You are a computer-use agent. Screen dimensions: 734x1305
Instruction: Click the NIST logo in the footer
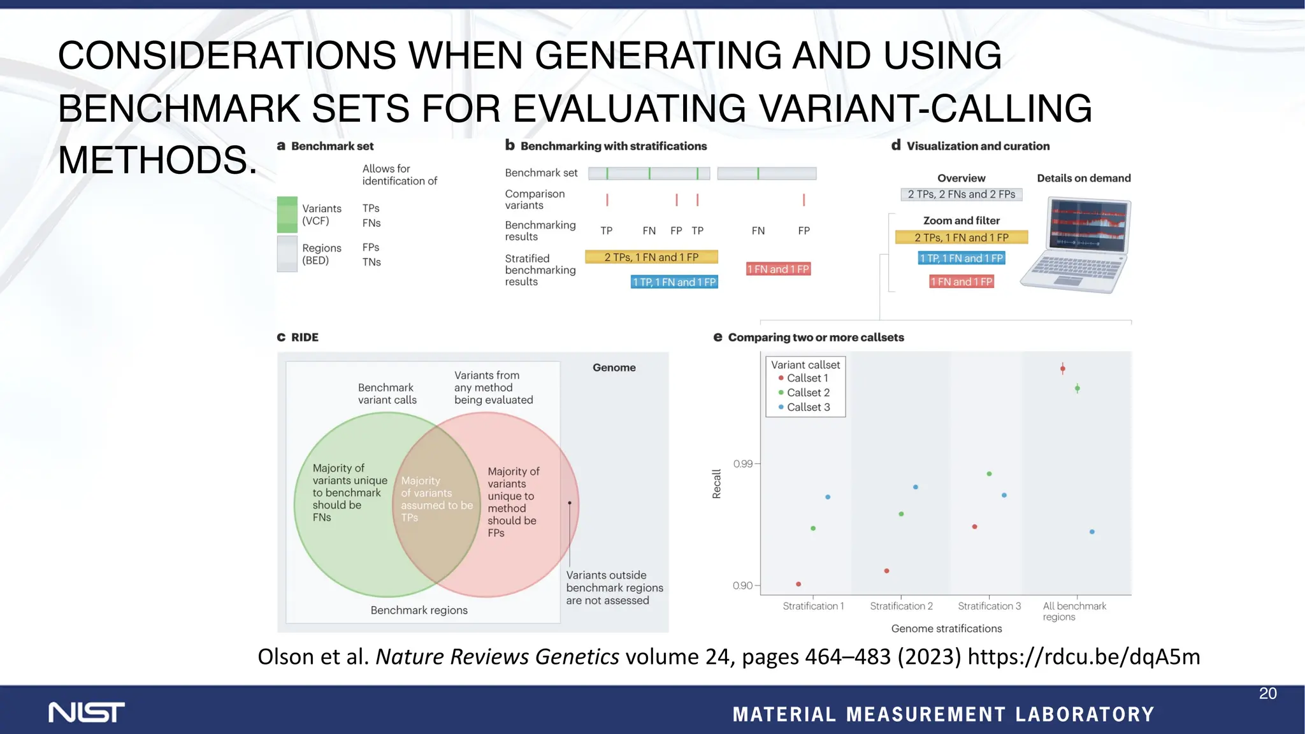[87, 712]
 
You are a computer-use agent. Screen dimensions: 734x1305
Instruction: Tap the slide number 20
[1267, 694]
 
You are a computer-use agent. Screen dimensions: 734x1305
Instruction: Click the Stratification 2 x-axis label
[901, 606]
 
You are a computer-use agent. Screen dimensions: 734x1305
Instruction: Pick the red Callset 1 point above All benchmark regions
[1062, 368]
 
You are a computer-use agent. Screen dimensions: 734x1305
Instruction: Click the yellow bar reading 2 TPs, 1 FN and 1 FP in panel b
[651, 257]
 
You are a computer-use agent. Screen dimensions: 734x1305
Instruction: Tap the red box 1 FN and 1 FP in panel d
[961, 282]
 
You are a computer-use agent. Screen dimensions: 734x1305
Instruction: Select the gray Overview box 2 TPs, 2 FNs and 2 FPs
[961, 194]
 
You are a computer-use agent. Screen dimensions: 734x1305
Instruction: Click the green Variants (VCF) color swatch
[287, 215]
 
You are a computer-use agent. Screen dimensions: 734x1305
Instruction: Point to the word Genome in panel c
[614, 368]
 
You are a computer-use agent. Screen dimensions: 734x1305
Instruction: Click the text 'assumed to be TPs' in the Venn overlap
[436, 511]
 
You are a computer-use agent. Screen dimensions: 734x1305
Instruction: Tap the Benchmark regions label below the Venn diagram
[419, 610]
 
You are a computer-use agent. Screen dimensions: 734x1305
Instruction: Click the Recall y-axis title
[716, 484]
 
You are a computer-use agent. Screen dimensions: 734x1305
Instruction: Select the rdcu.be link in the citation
[1083, 657]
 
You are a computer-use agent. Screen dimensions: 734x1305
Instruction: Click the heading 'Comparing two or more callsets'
[815, 338]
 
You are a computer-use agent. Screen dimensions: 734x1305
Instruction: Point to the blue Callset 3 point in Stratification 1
[828, 497]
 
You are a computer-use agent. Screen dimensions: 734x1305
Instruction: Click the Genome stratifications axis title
[946, 629]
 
